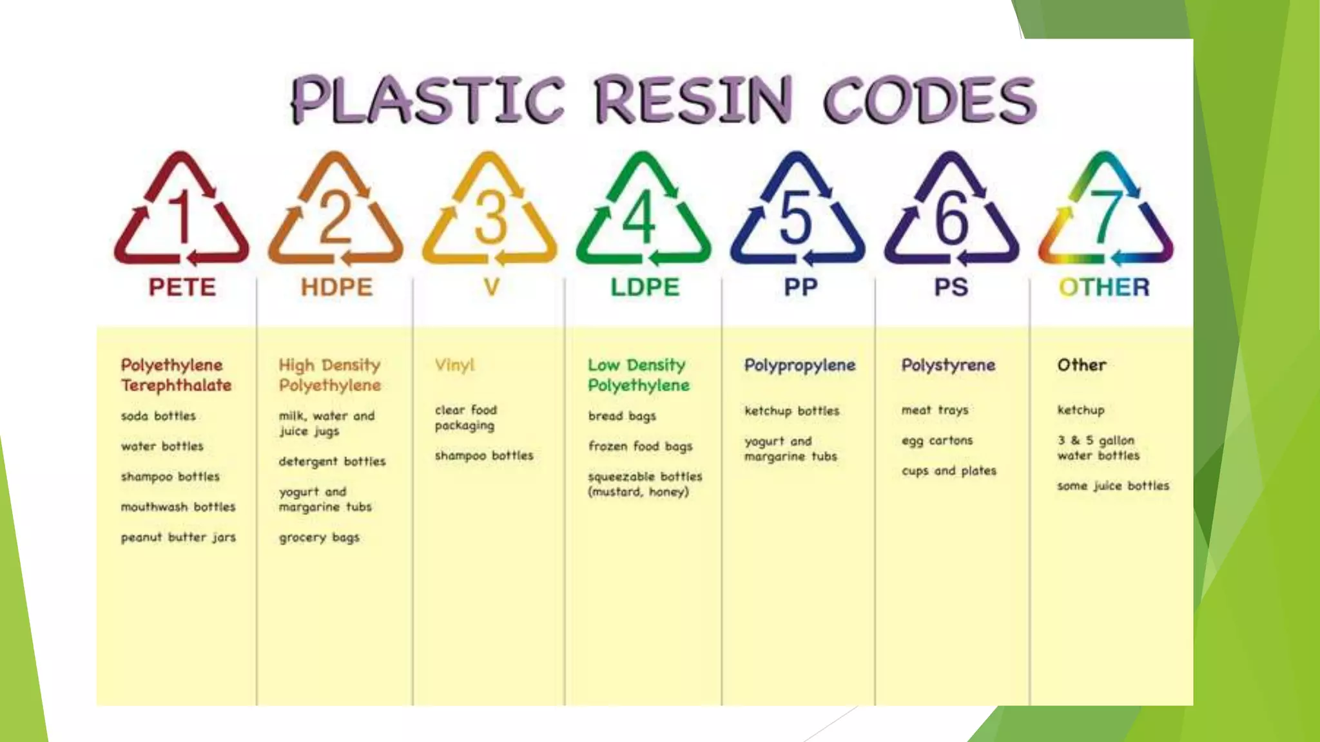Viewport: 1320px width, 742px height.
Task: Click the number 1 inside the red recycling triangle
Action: pyautogui.click(x=181, y=216)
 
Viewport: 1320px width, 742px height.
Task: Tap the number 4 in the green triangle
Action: pyautogui.click(x=640, y=216)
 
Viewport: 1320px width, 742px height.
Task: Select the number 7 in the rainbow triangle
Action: pyautogui.click(x=1107, y=216)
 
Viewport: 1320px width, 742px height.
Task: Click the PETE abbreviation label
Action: pyautogui.click(x=182, y=287)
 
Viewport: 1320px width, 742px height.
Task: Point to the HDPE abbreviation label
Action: pyautogui.click(x=336, y=287)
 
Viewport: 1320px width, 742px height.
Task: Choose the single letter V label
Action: pyautogui.click(x=492, y=287)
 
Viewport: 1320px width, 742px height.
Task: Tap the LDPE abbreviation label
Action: pyautogui.click(x=645, y=287)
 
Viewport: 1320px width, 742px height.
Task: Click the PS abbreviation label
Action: pyautogui.click(x=951, y=287)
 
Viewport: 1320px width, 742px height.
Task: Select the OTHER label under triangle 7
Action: pyautogui.click(x=1104, y=287)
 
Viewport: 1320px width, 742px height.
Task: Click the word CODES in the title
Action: pyautogui.click(x=929, y=100)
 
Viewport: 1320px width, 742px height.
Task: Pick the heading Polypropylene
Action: pyautogui.click(x=800, y=366)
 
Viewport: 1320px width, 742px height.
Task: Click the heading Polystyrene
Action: pyautogui.click(x=948, y=365)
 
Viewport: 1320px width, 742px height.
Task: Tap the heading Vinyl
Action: pyautogui.click(x=455, y=365)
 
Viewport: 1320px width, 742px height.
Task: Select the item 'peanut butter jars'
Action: pyautogui.click(x=179, y=537)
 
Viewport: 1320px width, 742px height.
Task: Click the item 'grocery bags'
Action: pyautogui.click(x=319, y=537)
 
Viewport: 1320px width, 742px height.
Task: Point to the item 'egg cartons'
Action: pyautogui.click(x=937, y=441)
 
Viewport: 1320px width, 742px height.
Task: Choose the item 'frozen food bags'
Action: pyautogui.click(x=640, y=446)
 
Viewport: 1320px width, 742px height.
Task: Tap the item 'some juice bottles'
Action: pyautogui.click(x=1113, y=486)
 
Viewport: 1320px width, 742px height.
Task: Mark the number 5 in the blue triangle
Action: pyautogui.click(x=796, y=216)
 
